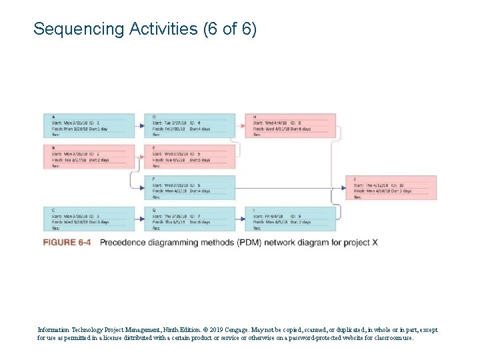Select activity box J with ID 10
393,187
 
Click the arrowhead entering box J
348,188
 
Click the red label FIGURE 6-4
67,242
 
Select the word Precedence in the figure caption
125,242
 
